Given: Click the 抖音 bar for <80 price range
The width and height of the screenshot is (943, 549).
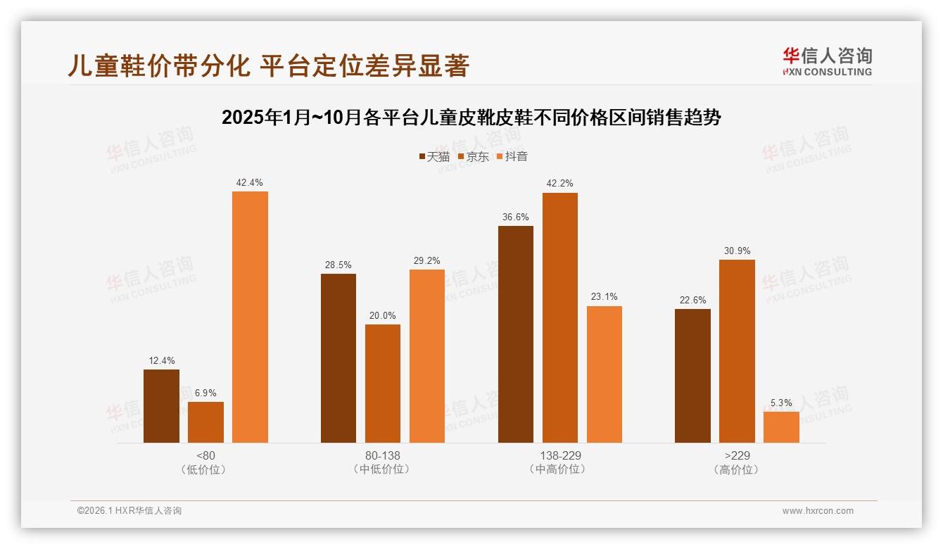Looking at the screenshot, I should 250,317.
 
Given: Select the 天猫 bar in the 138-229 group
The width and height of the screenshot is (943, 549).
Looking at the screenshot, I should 516,334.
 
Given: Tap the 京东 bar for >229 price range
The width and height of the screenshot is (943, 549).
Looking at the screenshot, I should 737,351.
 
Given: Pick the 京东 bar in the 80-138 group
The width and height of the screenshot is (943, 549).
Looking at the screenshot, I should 383,384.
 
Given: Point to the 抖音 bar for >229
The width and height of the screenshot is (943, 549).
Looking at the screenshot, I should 781,427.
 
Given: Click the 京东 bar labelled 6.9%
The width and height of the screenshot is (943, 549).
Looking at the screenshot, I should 205,422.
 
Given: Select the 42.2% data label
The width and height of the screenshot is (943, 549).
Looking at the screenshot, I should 559,184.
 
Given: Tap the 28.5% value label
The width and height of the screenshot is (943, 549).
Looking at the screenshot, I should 338,265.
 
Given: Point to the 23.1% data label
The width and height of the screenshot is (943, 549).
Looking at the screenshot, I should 604,297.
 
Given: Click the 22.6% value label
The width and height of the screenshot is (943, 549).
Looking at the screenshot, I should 692,300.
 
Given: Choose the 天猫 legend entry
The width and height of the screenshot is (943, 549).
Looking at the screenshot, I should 434,156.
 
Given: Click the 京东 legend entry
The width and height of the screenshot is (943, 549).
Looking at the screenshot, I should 474,156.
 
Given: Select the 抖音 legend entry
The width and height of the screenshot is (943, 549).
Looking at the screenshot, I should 512,156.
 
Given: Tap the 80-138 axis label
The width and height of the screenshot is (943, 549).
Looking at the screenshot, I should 382,455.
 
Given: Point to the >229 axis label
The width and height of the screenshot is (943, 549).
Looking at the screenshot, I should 737,455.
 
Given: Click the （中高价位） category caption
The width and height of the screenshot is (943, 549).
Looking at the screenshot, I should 559,469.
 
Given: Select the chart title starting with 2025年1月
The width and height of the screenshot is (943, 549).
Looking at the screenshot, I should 471,118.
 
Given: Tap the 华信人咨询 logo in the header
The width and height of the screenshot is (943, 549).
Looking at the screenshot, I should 827,61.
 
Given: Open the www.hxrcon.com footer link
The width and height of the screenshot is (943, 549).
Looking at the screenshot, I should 818,511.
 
